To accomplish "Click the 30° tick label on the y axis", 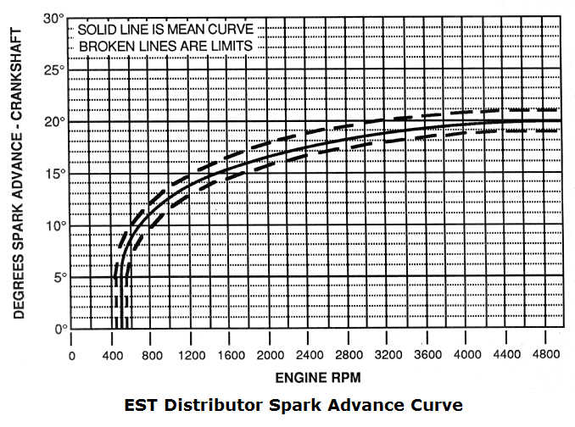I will (x=55, y=18).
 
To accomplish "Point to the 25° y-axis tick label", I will (x=55, y=70).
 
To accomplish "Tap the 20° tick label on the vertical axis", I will (x=55, y=122).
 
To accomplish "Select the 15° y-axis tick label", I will (x=55, y=174).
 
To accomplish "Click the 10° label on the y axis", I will (x=55, y=225).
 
